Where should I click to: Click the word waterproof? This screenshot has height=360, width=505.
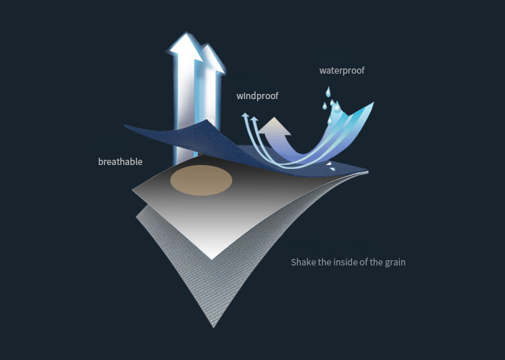[342, 70]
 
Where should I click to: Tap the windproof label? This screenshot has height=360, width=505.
[257, 96]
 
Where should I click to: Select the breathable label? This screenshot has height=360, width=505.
[120, 162]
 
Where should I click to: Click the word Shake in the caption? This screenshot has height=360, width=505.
[303, 262]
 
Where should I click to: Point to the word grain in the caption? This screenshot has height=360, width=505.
[393, 262]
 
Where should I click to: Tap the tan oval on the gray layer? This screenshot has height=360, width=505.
[202, 180]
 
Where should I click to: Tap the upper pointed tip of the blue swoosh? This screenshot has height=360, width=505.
[373, 103]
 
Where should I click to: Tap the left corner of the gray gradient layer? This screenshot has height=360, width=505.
[134, 191]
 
